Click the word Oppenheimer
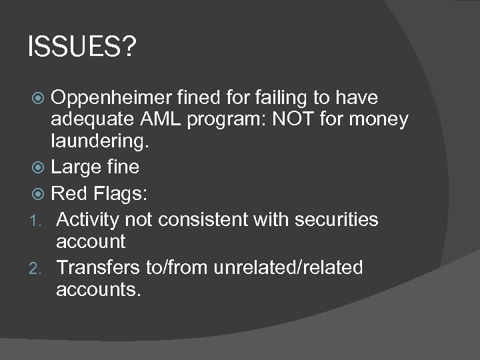coord(115,98)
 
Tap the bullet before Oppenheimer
coord(42,99)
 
